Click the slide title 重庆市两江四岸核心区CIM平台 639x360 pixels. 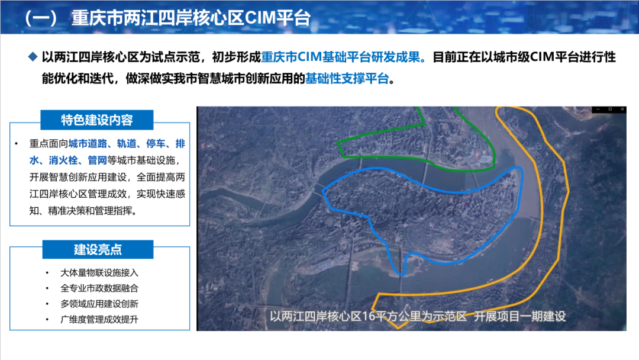coord(191,18)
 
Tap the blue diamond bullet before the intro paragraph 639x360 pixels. coord(33,57)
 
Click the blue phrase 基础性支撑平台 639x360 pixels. coord(347,78)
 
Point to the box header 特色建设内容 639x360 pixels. coord(97,120)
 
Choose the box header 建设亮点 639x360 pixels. coord(98,249)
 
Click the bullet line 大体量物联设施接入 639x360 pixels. coord(99,273)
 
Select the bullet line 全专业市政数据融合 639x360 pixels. coord(99,288)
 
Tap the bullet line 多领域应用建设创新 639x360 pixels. coord(99,304)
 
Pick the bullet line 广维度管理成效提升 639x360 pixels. coord(99,319)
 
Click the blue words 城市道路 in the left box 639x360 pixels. coord(88,143)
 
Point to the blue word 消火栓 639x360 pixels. coord(63,160)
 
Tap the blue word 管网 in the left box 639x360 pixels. coord(98,160)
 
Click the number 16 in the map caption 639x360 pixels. coord(368,316)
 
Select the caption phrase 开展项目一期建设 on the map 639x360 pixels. coord(520,316)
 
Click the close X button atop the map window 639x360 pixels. coord(622,110)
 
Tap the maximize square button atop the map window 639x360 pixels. coord(610,110)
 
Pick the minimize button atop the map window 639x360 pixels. coord(598,110)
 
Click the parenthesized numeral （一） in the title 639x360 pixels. coord(41,18)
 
